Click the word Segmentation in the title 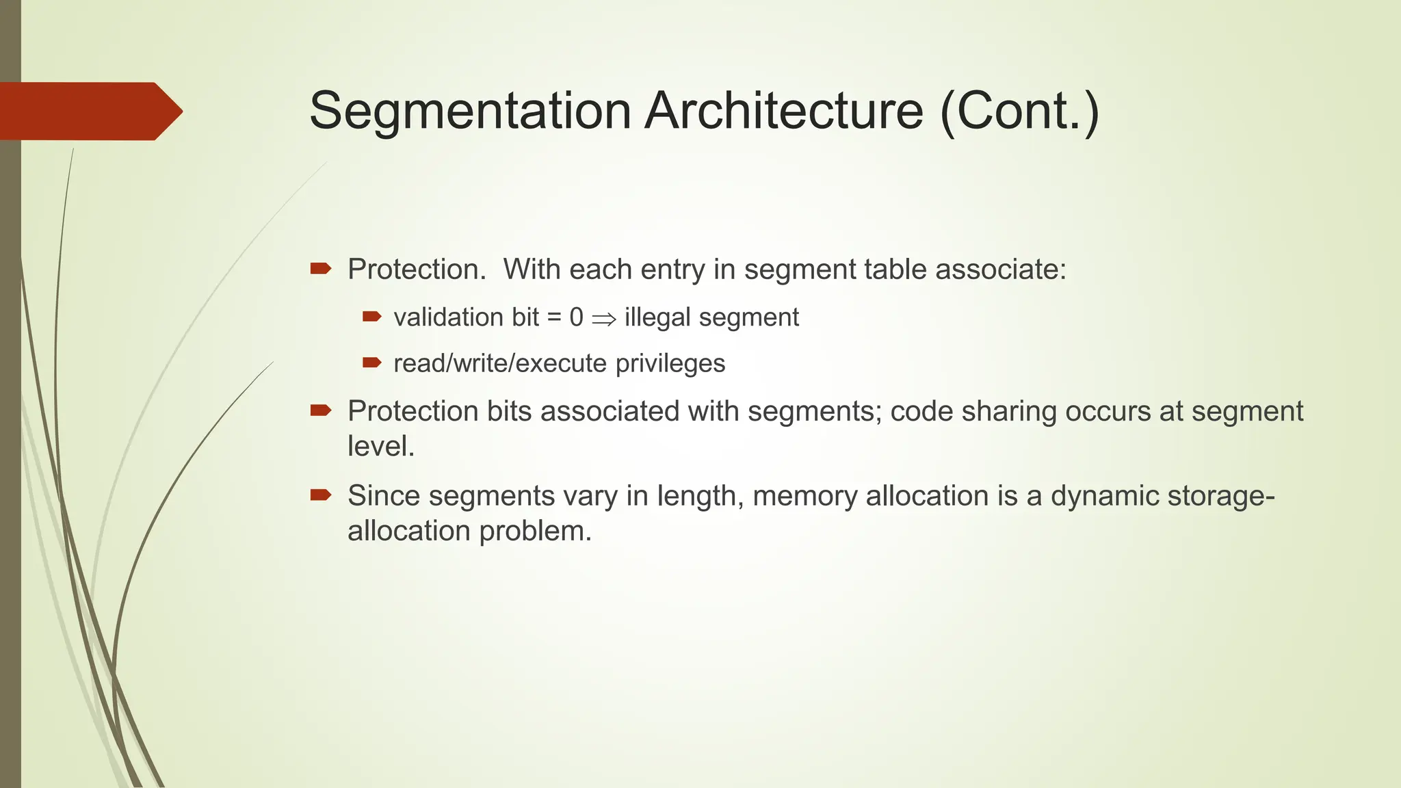470,111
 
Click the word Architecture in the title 784,111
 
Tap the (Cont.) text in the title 1020,111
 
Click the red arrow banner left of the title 89,111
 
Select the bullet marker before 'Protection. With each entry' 320,269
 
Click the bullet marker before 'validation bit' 371,317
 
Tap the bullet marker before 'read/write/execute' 371,363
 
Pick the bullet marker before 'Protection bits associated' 320,410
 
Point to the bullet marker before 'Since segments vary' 320,495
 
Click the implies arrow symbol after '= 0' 604,319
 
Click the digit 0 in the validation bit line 576,317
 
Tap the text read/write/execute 500,363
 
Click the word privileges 670,363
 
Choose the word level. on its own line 381,446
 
